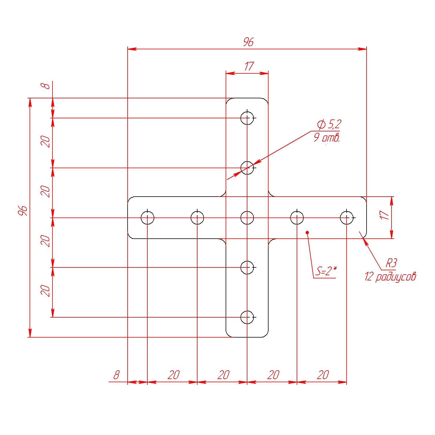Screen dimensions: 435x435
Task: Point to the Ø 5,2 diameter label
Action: (329, 124)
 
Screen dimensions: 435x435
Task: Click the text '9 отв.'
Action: (327, 137)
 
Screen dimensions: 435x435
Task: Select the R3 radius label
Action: (391, 263)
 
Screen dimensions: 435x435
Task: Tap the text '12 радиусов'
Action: (390, 276)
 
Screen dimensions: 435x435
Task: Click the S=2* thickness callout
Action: (326, 271)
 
